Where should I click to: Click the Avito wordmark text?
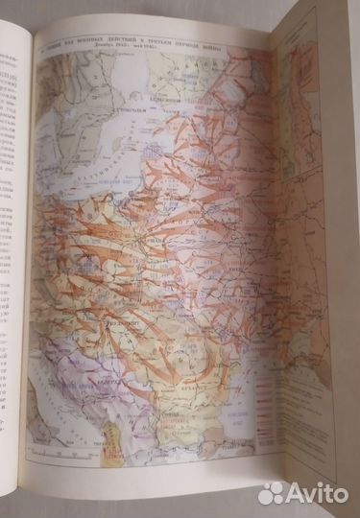pos(321,491)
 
